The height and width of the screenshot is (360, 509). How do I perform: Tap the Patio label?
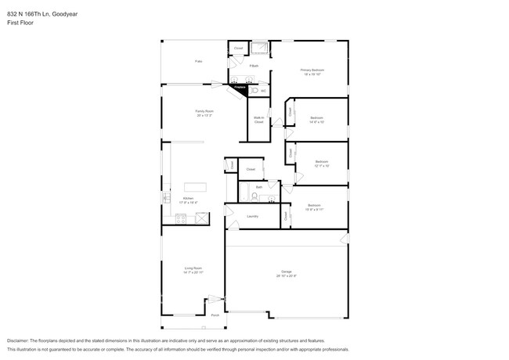pyautogui.click(x=199, y=61)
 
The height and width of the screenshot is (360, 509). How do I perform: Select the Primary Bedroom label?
pyautogui.click(x=312, y=70)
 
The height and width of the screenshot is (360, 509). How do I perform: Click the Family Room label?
pyautogui.click(x=204, y=112)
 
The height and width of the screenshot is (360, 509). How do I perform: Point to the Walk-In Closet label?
pyautogui.click(x=258, y=121)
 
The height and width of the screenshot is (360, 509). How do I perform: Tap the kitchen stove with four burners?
pyautogui.click(x=181, y=220)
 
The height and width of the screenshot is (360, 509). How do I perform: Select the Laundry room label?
pyautogui.click(x=252, y=216)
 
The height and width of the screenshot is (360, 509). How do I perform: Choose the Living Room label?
pyautogui.click(x=193, y=268)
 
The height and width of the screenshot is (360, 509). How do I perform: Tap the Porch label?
pyautogui.click(x=215, y=315)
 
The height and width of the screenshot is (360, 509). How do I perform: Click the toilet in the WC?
pyautogui.click(x=253, y=91)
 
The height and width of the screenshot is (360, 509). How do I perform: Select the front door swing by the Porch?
pyautogui.click(x=215, y=301)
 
